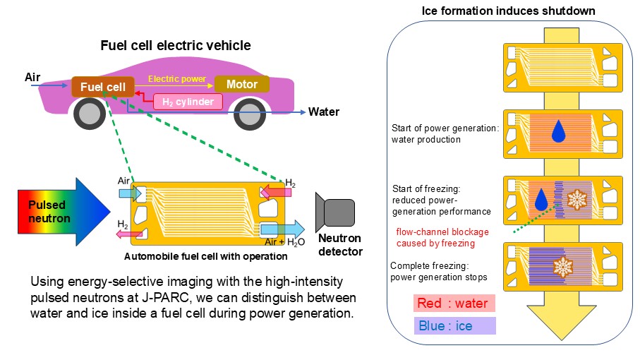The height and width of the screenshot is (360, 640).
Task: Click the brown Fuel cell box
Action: [x=103, y=88]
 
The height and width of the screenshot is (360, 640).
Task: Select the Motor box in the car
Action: [x=241, y=85]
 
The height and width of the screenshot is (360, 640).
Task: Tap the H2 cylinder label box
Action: [x=188, y=102]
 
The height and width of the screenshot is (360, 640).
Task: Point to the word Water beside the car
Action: [x=324, y=112]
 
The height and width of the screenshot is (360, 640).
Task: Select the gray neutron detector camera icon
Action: [x=335, y=212]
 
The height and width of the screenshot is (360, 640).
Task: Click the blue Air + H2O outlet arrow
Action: [x=282, y=229]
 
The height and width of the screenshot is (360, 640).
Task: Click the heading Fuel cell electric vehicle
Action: [x=175, y=46]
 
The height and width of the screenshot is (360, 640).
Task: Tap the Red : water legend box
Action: [x=454, y=303]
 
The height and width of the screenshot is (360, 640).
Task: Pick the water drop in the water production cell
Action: [x=559, y=130]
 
